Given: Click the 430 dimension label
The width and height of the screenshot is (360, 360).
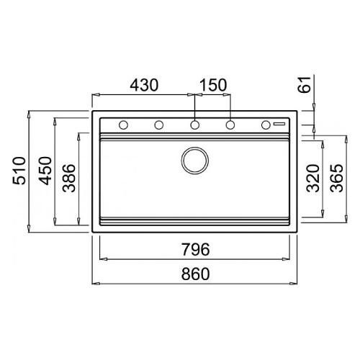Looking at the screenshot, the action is pos(144,85).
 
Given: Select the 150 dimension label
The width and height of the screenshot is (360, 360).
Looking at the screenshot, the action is pos(212,85).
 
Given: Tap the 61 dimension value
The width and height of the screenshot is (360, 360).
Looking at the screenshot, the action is pos(304,84).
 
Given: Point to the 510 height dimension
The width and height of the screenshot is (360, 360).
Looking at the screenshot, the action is pos(19,171).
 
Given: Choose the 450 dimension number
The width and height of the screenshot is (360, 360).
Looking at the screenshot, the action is pos(45,171).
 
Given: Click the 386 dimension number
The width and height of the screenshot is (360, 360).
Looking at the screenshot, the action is pos(69,178).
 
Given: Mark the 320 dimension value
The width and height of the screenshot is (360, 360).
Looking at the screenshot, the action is pos(313,178).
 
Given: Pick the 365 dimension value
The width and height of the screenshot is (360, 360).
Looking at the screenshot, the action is pos(336,178).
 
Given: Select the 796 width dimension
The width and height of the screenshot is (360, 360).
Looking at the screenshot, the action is pos(195,249).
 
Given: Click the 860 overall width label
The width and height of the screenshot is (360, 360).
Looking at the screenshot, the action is pos(195,274).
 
